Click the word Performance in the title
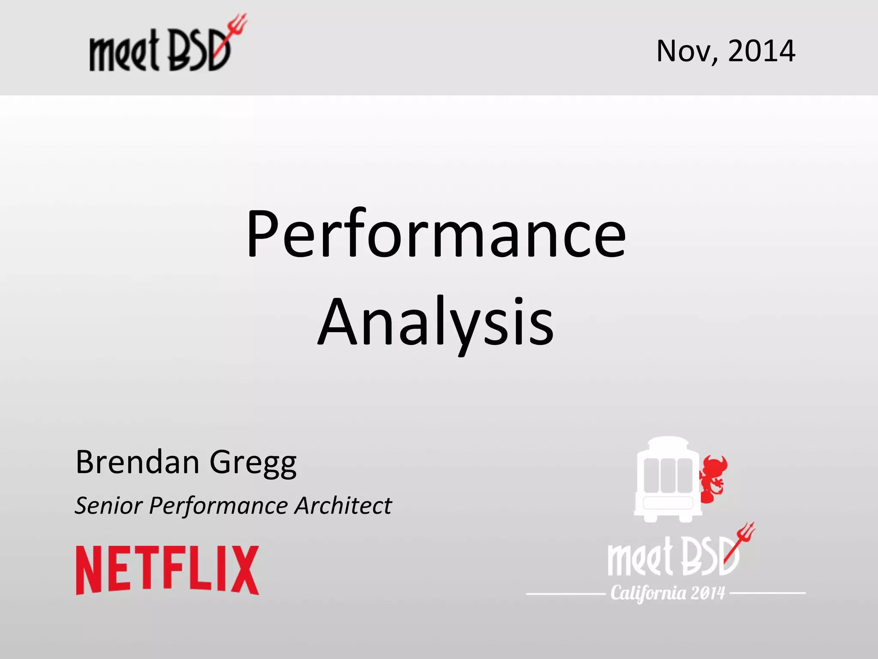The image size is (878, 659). point(436,235)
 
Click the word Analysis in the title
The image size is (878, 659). point(436,323)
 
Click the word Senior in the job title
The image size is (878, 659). point(108,505)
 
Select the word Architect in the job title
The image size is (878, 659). point(343,505)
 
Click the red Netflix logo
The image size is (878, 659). point(168,570)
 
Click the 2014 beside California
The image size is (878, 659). point(708,593)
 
